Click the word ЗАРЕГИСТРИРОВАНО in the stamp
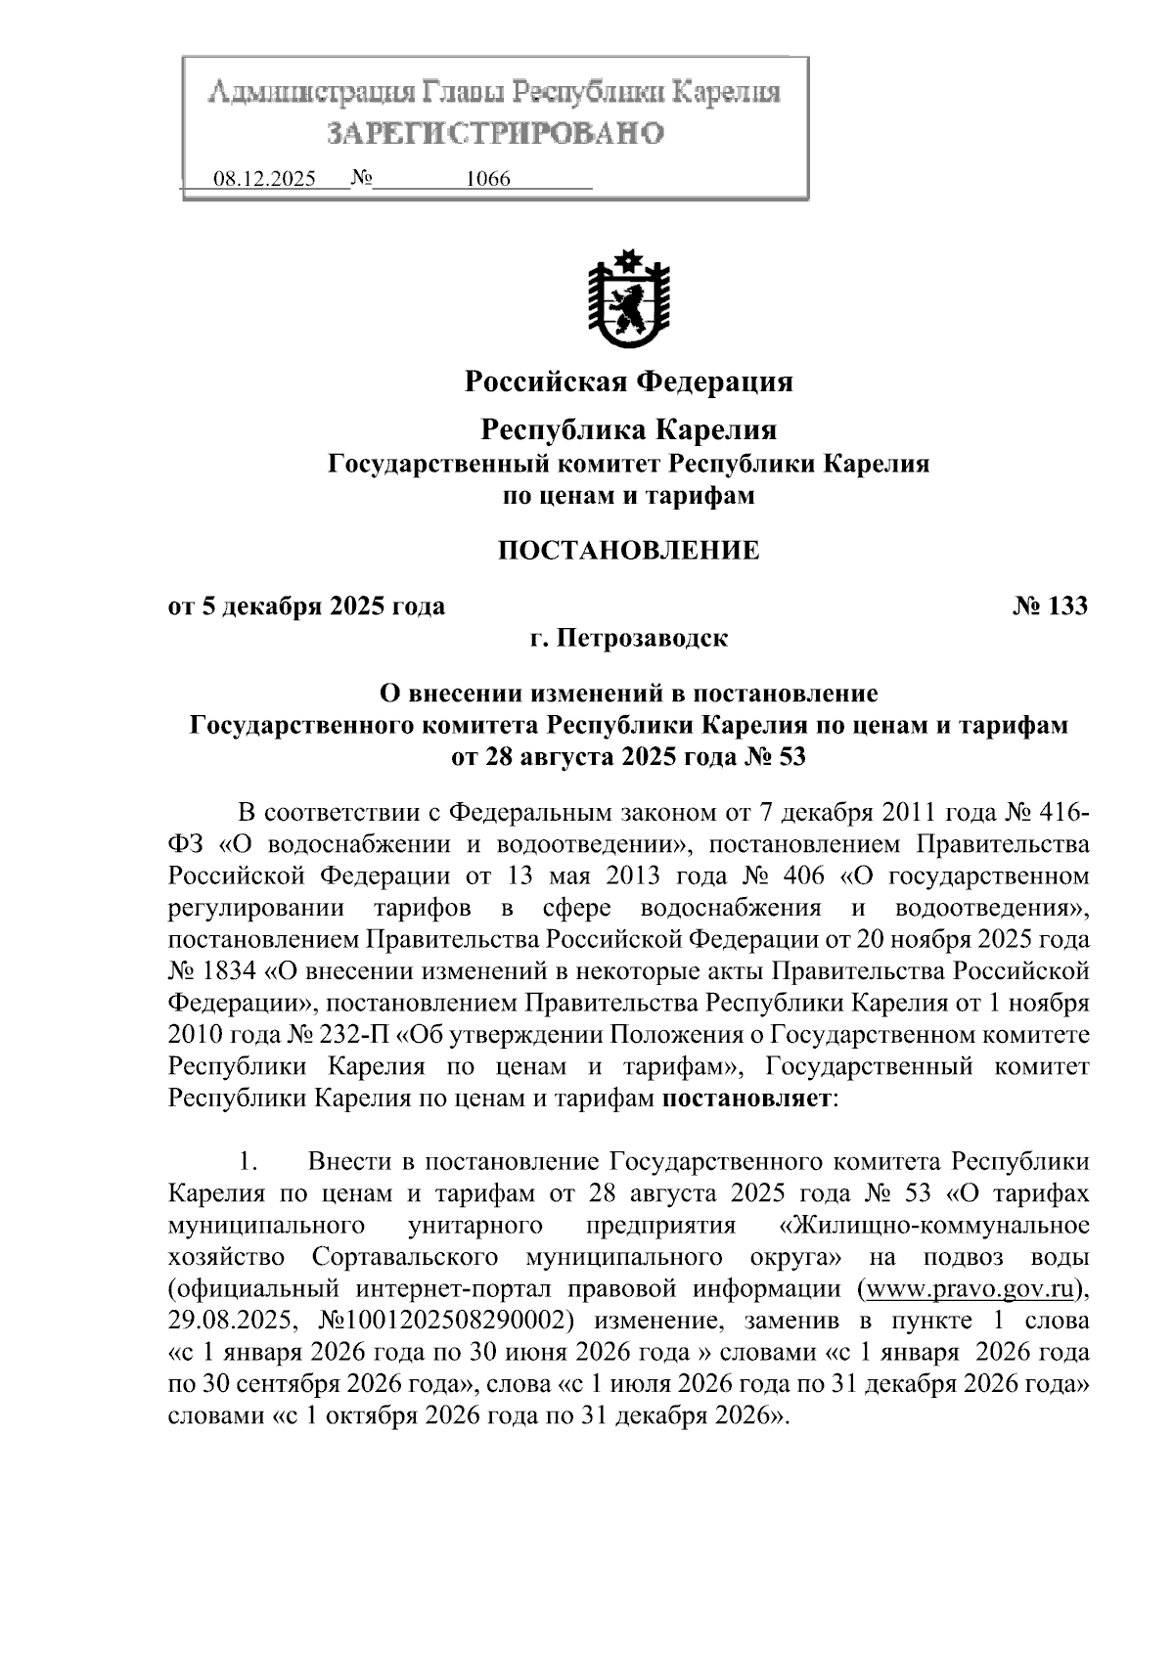pos(495,132)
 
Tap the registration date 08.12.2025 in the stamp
pos(264,180)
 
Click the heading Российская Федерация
pos(628,381)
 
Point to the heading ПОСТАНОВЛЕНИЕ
pos(628,550)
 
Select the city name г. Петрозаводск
pos(628,639)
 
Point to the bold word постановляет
pos(746,1098)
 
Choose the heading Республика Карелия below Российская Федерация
pos(628,429)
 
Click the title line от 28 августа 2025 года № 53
pos(628,756)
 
